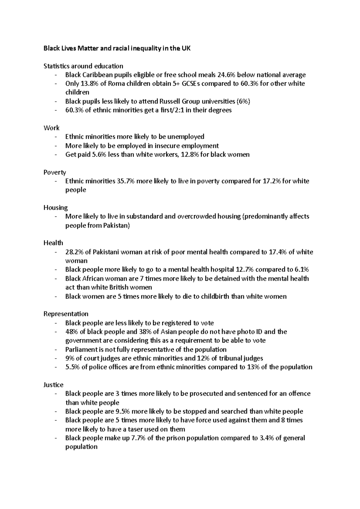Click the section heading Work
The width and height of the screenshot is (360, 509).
(x=51, y=128)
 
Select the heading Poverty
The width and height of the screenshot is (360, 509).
(x=55, y=172)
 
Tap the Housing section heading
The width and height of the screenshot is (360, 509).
(x=55, y=208)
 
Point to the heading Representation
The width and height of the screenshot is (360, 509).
(x=66, y=314)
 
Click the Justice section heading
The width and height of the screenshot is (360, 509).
(x=53, y=385)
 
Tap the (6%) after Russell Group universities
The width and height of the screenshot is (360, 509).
(x=243, y=101)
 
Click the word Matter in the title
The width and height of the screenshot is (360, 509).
(x=88, y=48)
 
